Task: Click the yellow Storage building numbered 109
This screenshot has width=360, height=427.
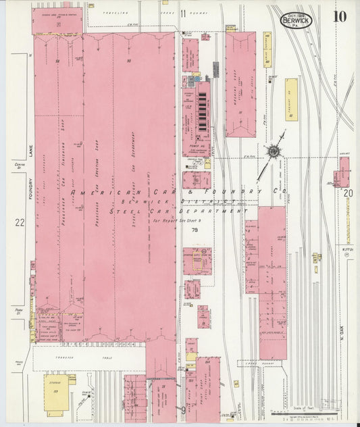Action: click(55, 394)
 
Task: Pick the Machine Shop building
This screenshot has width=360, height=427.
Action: click(240, 74)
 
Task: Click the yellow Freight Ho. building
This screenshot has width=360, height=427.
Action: click(290, 99)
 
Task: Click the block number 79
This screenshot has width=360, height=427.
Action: click(195, 230)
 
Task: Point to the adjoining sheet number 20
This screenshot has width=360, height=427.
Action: click(348, 193)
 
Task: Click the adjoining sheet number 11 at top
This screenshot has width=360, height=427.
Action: click(183, 12)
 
